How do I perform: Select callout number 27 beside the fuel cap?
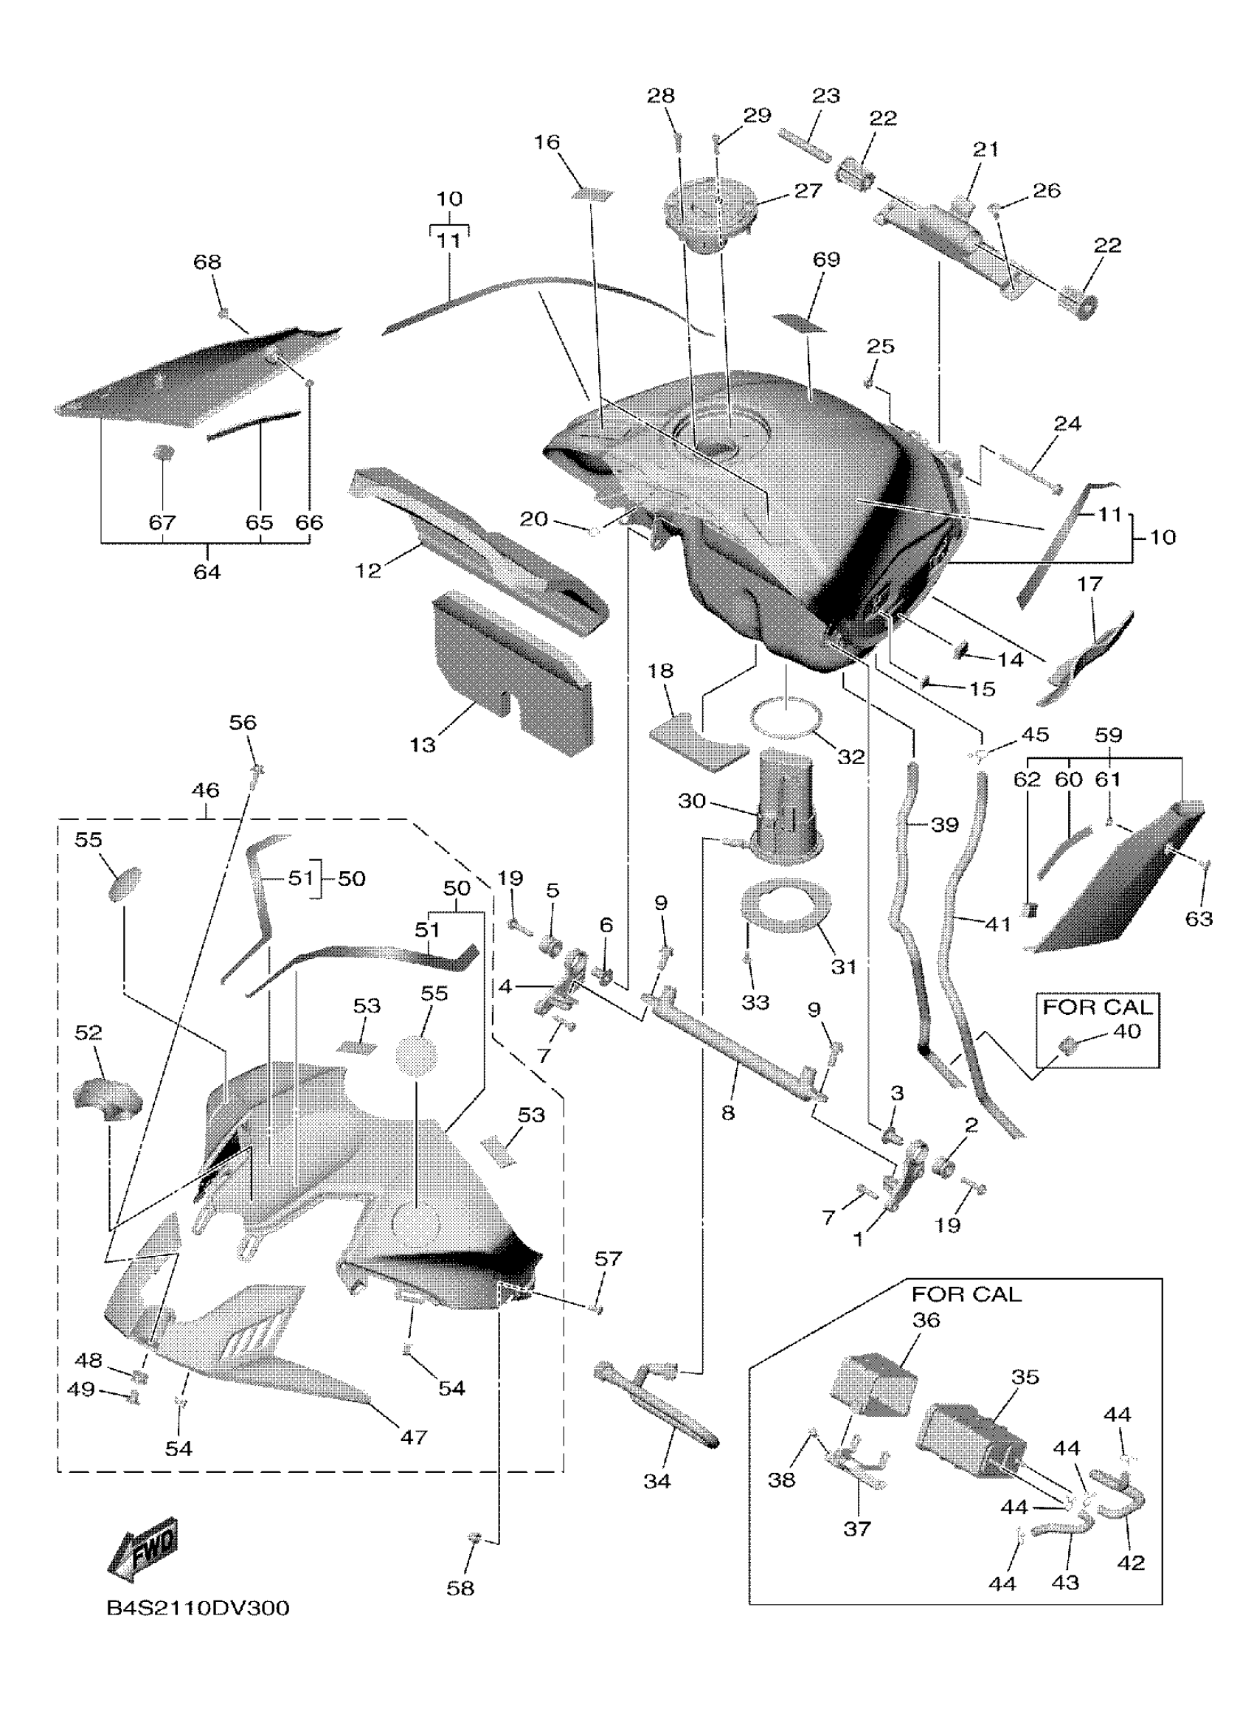[x=808, y=191]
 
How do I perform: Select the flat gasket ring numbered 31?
[x=787, y=906]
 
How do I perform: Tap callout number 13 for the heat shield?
[x=422, y=744]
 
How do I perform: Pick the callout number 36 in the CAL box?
[x=926, y=1319]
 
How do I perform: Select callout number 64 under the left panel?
[x=207, y=571]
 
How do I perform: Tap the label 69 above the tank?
[x=826, y=260]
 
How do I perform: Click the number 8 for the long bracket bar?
[x=728, y=1113]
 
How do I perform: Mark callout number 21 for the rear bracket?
[x=985, y=149]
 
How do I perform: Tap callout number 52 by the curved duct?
[x=89, y=1033]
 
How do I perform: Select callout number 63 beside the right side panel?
[x=1198, y=918]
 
